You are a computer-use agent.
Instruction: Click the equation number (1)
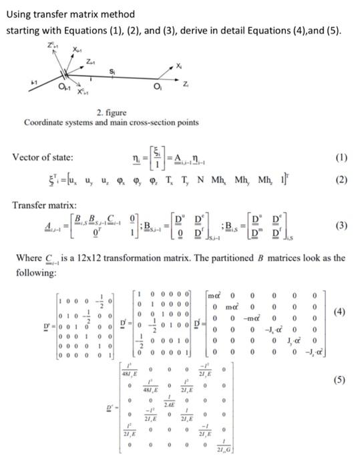(340, 157)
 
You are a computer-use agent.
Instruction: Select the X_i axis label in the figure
(178, 64)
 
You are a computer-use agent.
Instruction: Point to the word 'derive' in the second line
(180, 31)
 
